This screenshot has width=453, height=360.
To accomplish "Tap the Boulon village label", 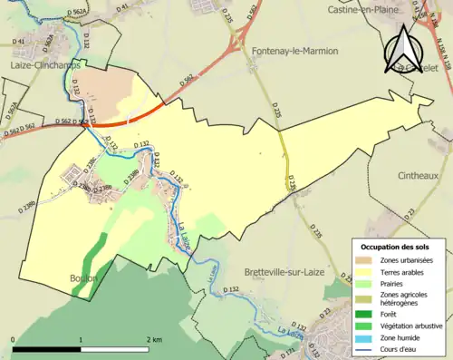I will coord(82,278).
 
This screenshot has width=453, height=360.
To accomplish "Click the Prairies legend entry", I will coord(390,282).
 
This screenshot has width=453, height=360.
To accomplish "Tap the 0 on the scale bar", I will coord(14,338).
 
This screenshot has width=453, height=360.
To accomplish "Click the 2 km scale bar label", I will coord(153,338).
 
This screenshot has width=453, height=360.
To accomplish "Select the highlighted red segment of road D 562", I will coord(127,117).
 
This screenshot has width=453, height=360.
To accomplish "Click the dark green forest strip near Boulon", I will coord(99,249).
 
